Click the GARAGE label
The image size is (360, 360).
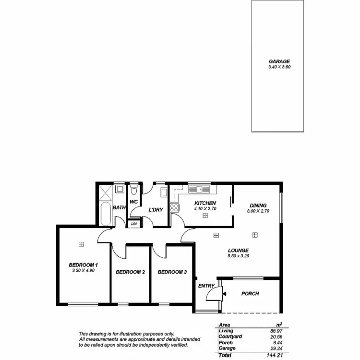(x=279, y=61)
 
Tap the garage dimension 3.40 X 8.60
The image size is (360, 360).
(x=279, y=67)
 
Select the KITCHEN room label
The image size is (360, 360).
(x=205, y=203)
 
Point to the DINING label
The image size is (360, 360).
(x=257, y=205)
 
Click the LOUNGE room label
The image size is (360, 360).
(x=238, y=250)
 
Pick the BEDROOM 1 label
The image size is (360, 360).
(x=84, y=264)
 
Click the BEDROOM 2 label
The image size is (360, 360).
(x=131, y=272)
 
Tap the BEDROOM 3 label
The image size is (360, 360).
(x=172, y=272)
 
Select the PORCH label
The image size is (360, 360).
(x=250, y=293)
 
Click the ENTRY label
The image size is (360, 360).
(x=206, y=286)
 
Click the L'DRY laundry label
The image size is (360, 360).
(x=156, y=210)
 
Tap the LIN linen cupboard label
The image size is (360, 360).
(x=134, y=224)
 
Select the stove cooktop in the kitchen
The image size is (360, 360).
(x=175, y=208)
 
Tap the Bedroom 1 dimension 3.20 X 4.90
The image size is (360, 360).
(x=84, y=271)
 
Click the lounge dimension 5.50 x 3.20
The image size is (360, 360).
(x=238, y=256)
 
